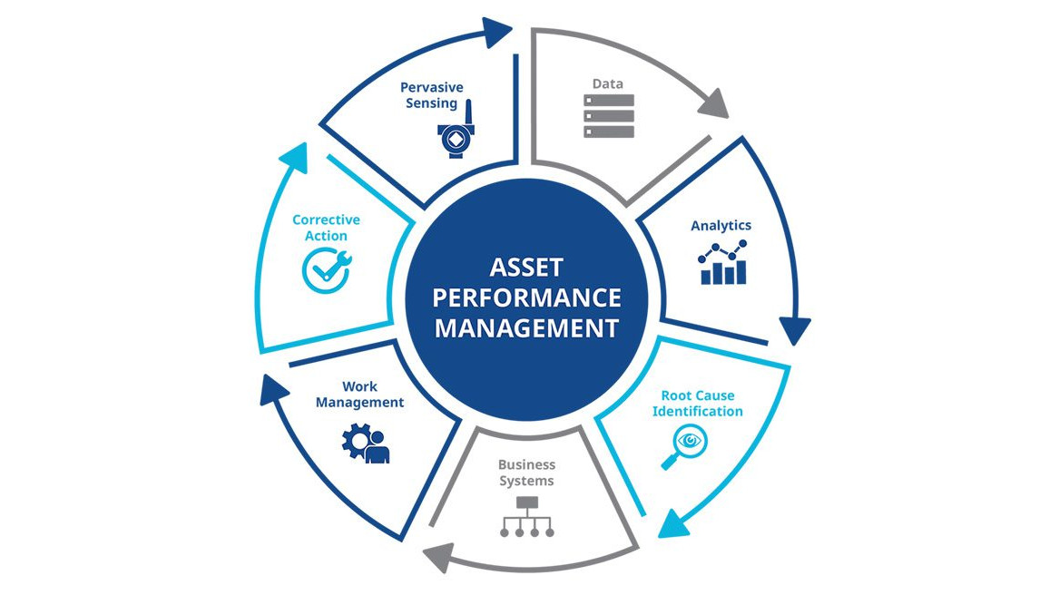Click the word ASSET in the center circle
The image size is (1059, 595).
(x=526, y=268)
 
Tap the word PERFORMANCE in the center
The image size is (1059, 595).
(x=526, y=297)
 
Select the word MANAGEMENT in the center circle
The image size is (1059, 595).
(x=526, y=327)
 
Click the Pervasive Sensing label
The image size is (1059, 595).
(x=432, y=95)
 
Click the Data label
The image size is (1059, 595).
(x=608, y=83)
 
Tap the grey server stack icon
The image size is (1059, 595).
(x=609, y=116)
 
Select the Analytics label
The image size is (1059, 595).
(x=721, y=225)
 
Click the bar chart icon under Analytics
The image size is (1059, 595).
(x=723, y=264)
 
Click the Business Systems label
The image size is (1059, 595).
(x=526, y=473)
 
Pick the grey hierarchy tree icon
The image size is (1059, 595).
(x=527, y=517)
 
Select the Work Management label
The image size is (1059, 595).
(x=360, y=395)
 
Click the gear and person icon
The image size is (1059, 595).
(x=366, y=443)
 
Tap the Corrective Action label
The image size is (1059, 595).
(x=326, y=228)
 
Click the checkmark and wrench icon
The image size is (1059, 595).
(x=326, y=270)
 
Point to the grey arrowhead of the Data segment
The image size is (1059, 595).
(x=714, y=104)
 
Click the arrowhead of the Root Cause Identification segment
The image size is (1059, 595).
(x=672, y=523)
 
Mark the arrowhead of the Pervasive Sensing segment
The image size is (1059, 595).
(x=496, y=34)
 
